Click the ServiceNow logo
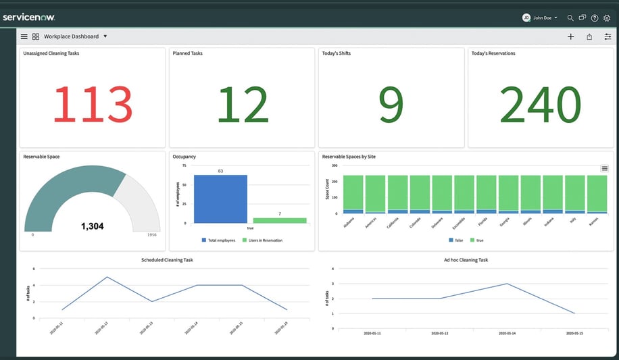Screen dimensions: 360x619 [29, 17]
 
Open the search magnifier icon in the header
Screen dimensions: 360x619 [570, 18]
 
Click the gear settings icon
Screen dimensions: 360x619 [607, 18]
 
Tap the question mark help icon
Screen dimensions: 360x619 [595, 18]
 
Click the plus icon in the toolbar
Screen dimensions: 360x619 [570, 36]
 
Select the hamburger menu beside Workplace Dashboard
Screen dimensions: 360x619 [24, 36]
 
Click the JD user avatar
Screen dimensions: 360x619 [526, 18]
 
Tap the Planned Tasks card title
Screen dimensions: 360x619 [188, 53]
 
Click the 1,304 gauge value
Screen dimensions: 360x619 [92, 226]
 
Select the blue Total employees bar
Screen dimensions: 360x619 [220, 199]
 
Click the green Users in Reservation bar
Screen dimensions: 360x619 [280, 220]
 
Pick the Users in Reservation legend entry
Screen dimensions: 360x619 [262, 240]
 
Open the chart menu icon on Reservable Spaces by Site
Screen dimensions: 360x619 [604, 168]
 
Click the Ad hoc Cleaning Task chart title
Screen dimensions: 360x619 [466, 260]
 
